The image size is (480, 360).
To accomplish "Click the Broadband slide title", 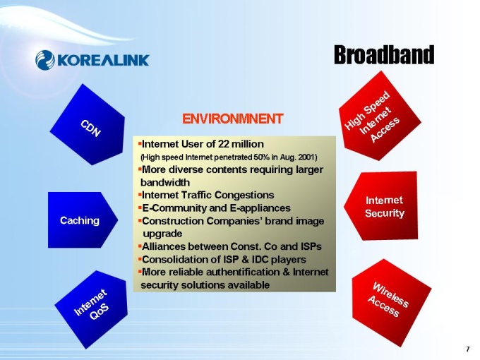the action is coord(384,55).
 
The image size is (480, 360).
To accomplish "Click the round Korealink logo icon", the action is coord(45,60).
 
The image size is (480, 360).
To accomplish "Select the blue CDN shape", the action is coord(88,125).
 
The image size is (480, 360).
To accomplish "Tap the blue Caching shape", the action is coord(83,220).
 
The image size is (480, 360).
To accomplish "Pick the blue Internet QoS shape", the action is coord(92,308).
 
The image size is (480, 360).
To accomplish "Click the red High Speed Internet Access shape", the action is coord(380,116).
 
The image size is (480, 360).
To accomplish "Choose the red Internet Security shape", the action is coord(381,205).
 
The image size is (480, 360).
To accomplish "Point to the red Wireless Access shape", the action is coord(390,302).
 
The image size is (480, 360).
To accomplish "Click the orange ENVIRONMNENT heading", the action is coord(233,119).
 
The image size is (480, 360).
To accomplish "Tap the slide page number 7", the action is coord(467,349).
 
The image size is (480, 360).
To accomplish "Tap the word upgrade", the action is coord(162,234).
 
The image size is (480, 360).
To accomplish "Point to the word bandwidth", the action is coord(165,182).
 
